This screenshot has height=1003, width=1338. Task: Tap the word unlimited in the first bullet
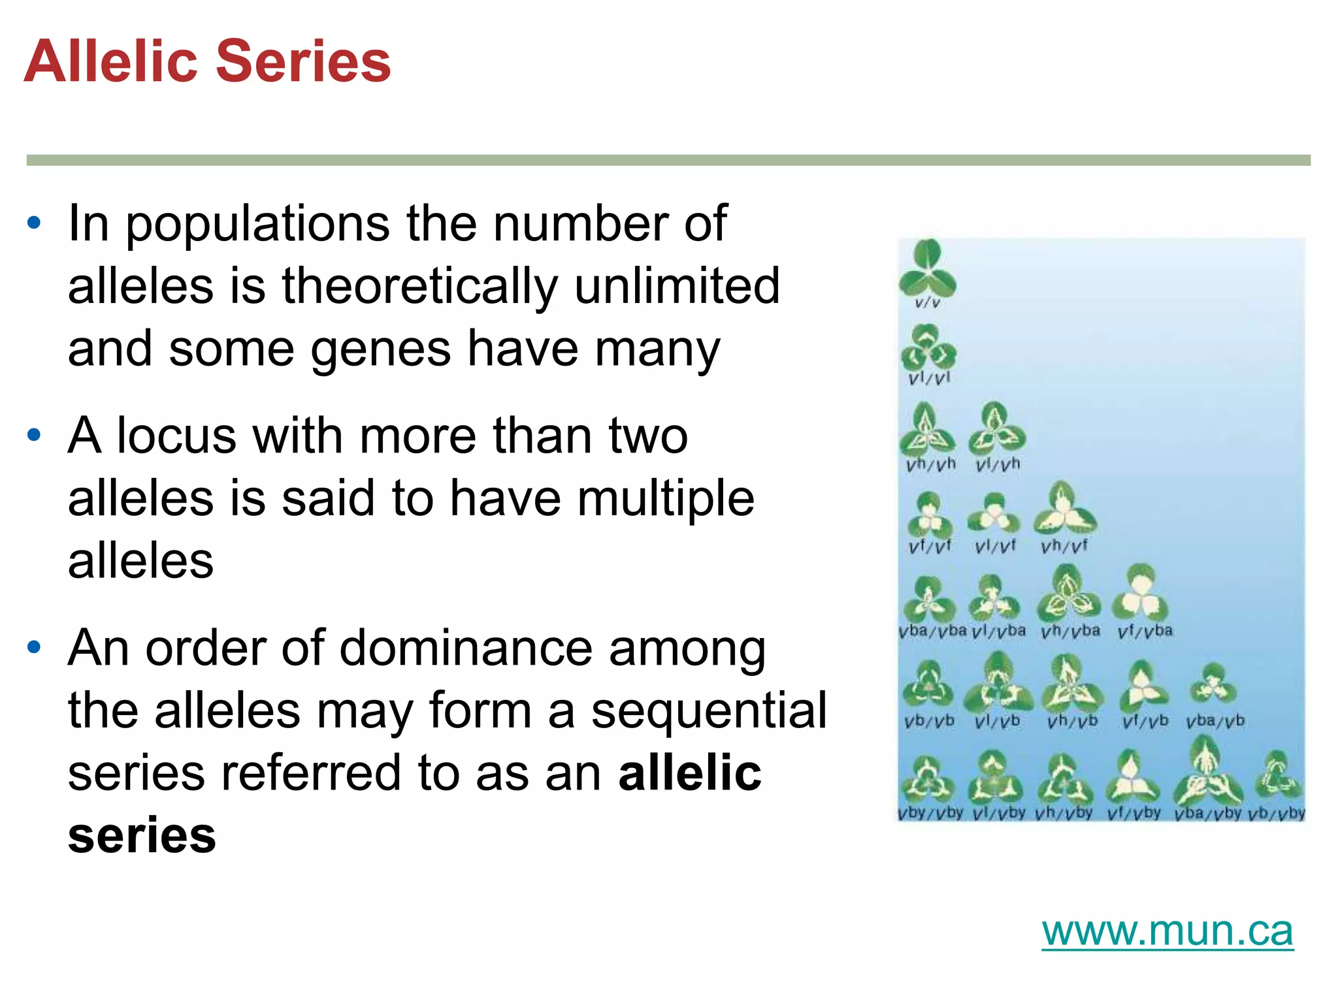[677, 286]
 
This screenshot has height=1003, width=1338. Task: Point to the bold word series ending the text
[142, 835]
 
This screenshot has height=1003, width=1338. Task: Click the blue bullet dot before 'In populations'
[34, 223]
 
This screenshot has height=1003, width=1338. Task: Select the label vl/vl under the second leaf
[928, 378]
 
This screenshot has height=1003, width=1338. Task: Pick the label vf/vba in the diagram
[1145, 631]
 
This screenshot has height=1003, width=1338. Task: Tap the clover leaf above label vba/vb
[1213, 686]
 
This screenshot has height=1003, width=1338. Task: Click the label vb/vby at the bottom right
[1276, 814]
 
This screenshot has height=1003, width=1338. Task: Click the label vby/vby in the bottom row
[930, 814]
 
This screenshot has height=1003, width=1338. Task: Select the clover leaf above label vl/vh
[996, 430]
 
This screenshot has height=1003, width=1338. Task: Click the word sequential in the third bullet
[708, 710]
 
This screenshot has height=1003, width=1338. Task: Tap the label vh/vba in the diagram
[1070, 631]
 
